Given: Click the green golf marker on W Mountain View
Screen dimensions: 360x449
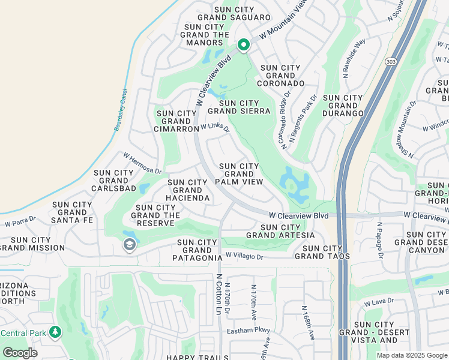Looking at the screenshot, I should [x=243, y=45].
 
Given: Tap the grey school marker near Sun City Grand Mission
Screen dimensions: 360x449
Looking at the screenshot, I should [x=129, y=244].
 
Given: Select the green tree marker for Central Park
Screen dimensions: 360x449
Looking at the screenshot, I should [x=55, y=332].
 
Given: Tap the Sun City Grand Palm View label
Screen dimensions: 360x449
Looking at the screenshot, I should [x=239, y=174].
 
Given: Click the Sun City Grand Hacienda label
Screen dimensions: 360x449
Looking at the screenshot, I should [x=188, y=190].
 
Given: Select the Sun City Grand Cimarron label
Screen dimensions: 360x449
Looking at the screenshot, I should [x=176, y=121].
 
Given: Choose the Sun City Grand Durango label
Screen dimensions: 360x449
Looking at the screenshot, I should [x=343, y=105].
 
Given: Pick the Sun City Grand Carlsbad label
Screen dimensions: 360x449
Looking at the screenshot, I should [x=113, y=181].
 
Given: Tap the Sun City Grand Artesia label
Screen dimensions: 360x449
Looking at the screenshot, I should [x=280, y=231].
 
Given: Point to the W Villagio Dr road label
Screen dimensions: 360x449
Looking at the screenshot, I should [x=244, y=256].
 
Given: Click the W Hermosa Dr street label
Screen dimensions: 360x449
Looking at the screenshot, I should [x=143, y=163].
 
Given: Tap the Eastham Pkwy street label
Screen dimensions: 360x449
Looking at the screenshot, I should [x=249, y=331].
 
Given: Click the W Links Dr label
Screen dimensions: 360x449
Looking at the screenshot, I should [x=215, y=128].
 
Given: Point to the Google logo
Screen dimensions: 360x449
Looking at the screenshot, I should [x=20, y=353].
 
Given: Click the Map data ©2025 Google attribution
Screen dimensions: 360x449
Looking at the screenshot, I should [x=412, y=355].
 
